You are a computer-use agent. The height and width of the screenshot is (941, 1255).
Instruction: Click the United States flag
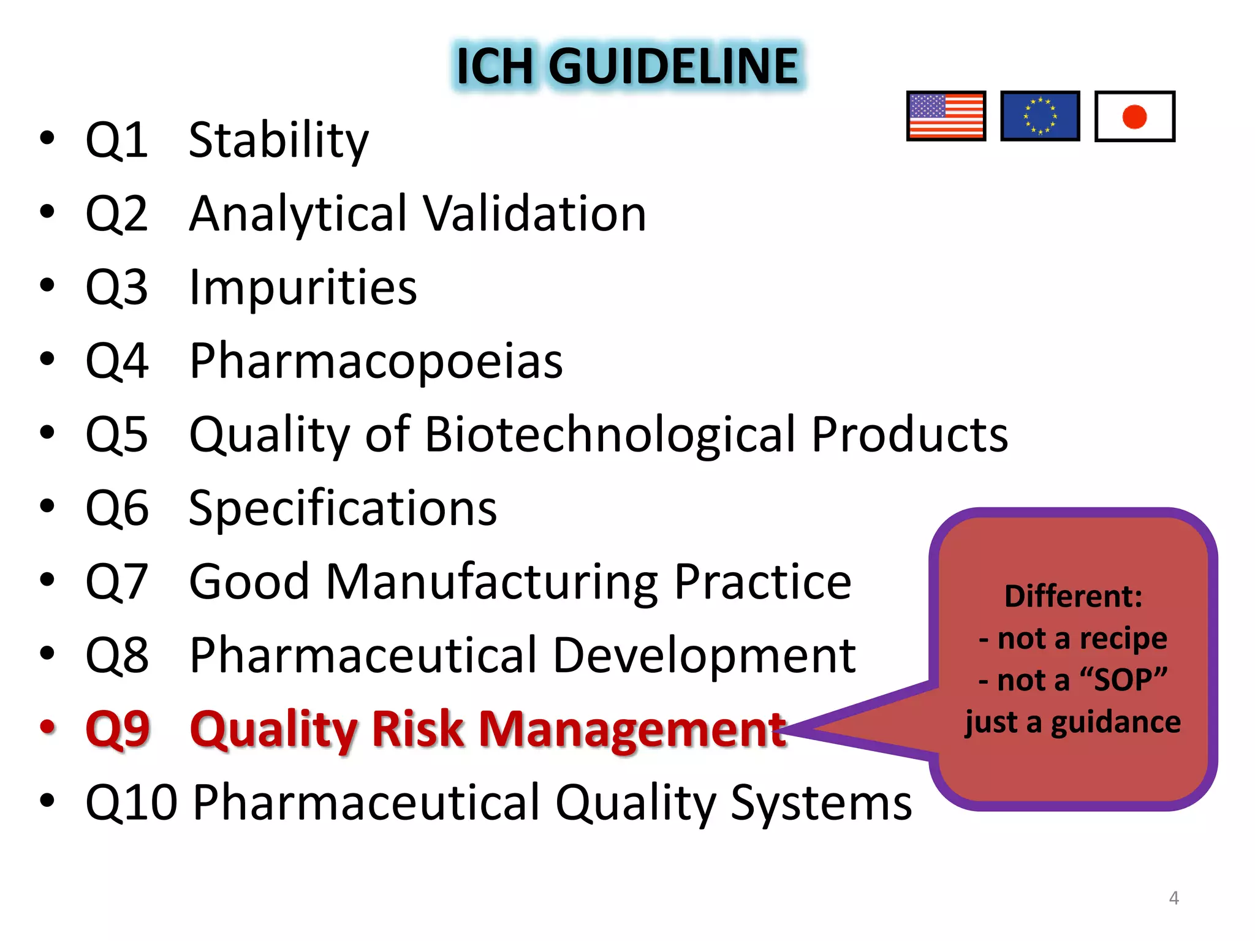946,116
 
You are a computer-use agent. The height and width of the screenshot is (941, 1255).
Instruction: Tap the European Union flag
1040,116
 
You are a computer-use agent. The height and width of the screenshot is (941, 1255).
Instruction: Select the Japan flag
1134,116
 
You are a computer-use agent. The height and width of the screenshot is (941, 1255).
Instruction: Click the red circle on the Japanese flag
1134,116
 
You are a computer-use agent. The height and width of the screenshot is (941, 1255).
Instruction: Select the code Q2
116,214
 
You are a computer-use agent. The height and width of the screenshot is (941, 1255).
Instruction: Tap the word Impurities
303,287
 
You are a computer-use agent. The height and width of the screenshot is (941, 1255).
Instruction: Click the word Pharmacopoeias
376,361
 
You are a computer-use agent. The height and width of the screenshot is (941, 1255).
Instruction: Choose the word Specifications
343,508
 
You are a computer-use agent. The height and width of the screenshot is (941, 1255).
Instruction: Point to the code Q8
116,656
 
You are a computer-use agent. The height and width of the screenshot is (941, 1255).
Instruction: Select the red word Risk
418,729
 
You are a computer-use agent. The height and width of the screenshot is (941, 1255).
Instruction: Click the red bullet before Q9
48,727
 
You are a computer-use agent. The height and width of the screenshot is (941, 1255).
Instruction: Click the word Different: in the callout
1073,596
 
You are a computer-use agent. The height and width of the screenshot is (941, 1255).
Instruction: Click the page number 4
1173,898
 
